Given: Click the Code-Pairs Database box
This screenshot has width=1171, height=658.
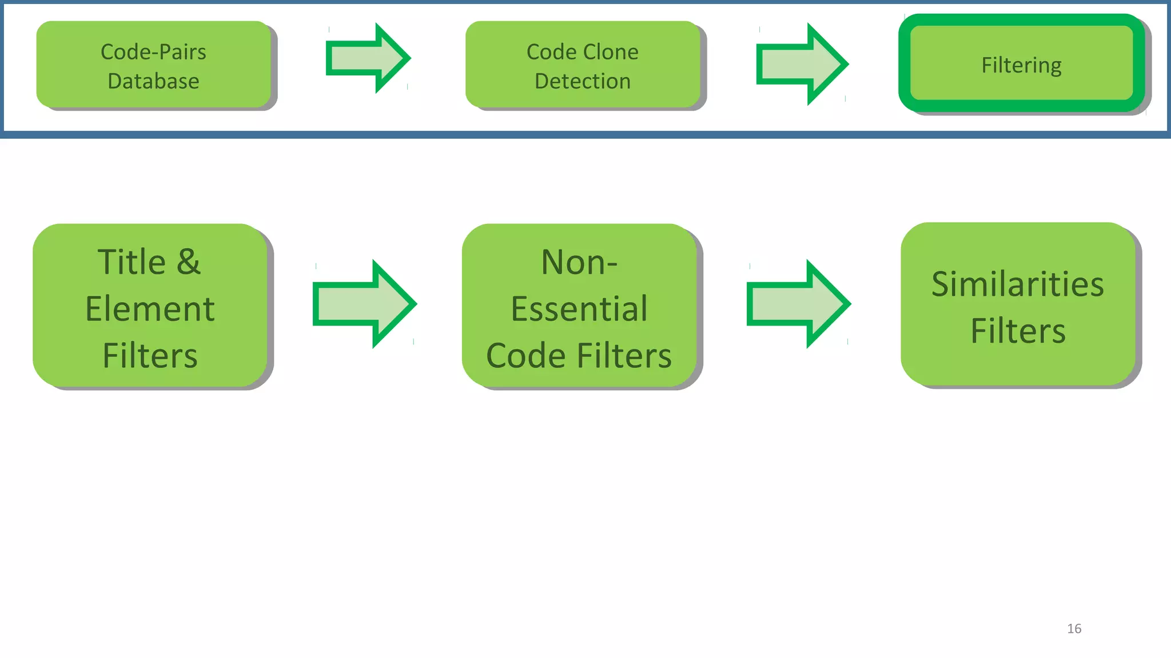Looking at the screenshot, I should [x=153, y=65].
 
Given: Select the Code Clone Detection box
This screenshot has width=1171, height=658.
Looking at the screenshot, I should [x=582, y=65].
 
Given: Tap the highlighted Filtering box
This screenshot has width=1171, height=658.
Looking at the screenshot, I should [x=1021, y=64].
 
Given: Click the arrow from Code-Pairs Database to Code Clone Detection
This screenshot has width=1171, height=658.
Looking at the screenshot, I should [x=368, y=58].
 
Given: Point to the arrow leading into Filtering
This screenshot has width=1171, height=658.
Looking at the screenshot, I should [x=801, y=64].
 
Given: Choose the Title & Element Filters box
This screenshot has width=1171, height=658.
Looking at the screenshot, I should [x=150, y=306].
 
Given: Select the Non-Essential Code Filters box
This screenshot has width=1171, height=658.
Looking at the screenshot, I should [x=579, y=306].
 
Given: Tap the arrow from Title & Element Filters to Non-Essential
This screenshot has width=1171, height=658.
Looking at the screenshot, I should [x=364, y=304].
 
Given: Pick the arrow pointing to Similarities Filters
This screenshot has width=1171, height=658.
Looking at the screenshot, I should [x=798, y=304].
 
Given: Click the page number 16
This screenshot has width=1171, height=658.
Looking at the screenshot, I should [x=1074, y=629].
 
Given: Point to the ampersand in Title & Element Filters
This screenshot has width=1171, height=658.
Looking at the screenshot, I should [x=189, y=262].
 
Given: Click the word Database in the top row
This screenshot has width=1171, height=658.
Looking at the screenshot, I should [x=153, y=81].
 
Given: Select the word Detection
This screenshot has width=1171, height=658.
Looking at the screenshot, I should [x=582, y=81].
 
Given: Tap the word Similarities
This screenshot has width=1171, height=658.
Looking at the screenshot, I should [x=1018, y=284].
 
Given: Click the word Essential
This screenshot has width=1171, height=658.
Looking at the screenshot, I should [x=579, y=309].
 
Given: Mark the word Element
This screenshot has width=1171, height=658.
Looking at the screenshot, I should [x=150, y=309].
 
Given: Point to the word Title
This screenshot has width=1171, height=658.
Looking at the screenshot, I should [x=132, y=262].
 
